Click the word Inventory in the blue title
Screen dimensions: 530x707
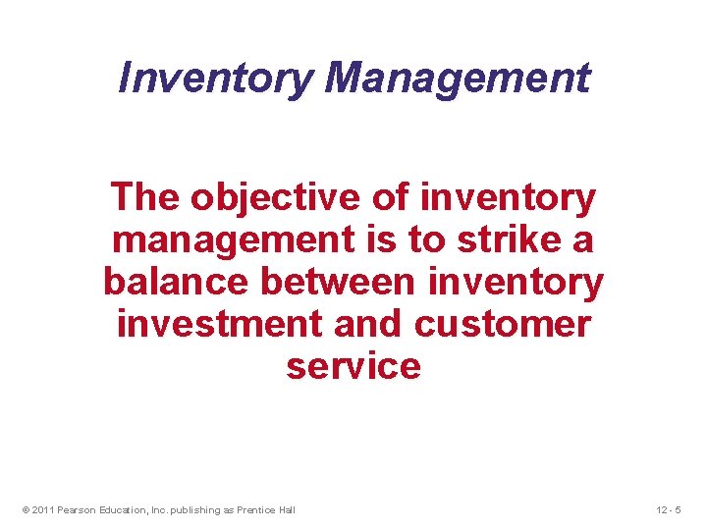[215, 78]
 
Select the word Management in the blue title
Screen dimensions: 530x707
[458, 78]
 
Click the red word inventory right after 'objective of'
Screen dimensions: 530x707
[507, 198]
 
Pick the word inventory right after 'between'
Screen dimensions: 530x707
[517, 283]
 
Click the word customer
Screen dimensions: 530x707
[503, 324]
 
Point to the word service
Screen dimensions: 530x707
[353, 366]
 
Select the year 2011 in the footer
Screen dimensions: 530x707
[42, 509]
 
